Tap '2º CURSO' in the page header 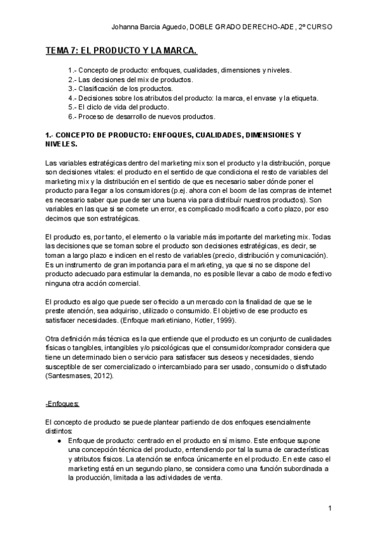pos(315,27)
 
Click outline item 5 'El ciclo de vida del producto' pos(119,107)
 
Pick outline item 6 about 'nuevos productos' pos(141,116)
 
